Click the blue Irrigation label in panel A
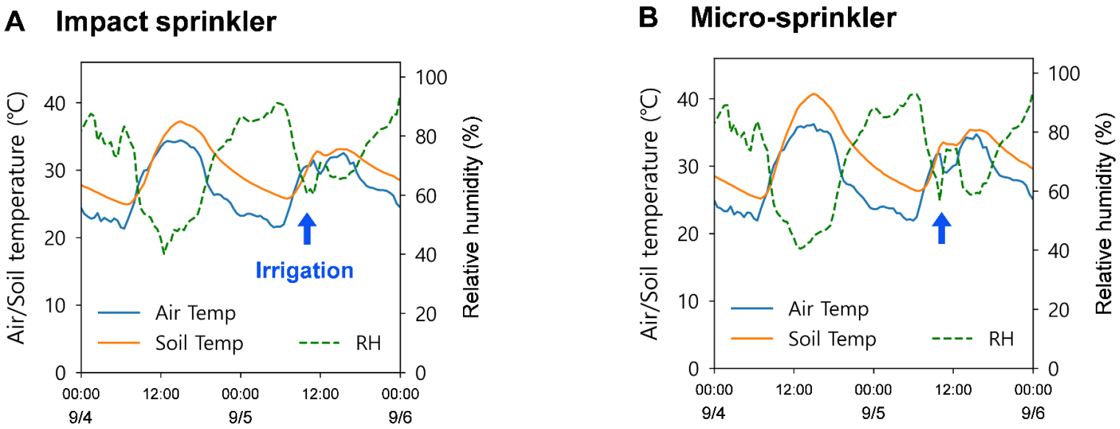(304, 271)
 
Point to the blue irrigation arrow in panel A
(307, 228)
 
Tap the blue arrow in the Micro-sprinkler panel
(941, 228)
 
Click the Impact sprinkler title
(165, 22)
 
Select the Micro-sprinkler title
(793, 17)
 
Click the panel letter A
(15, 22)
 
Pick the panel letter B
(648, 17)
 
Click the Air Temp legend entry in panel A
(195, 313)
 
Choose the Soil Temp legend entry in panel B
(832, 339)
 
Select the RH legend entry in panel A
(368, 342)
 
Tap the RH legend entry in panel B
(1000, 339)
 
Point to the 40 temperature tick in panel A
(55, 103)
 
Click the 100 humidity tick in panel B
(1064, 74)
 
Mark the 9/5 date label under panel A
(240, 417)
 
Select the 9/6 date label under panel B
(1033, 413)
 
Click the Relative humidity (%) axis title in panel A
(472, 217)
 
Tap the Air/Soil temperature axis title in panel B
(649, 214)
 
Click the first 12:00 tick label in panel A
(161, 394)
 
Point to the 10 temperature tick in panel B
(687, 301)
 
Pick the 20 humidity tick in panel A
(426, 314)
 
